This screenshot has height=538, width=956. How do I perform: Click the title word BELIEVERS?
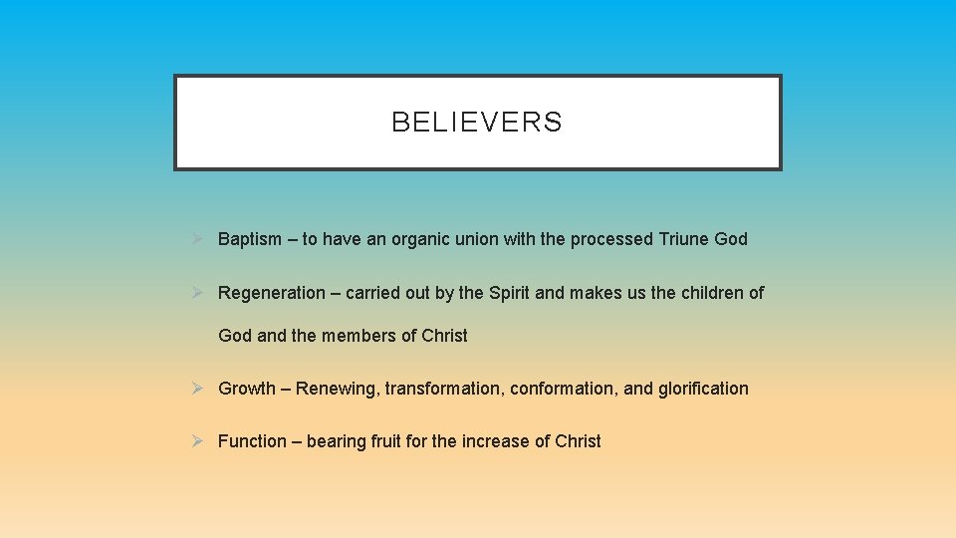tap(477, 123)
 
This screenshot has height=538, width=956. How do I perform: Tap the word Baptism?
tap(250, 239)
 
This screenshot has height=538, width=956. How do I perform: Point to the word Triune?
tap(683, 239)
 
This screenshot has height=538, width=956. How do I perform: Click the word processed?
tap(611, 239)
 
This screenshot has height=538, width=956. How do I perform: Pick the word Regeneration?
tap(271, 293)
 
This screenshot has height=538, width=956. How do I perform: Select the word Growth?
tap(246, 389)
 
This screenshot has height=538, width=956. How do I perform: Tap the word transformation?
tap(443, 389)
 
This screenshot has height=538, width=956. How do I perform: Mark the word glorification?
tap(703, 389)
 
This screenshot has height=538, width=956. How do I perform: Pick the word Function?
tap(252, 441)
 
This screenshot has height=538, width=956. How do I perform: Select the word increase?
tap(496, 441)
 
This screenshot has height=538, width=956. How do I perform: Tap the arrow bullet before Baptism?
tap(198, 239)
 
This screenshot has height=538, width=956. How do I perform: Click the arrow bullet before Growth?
tap(198, 389)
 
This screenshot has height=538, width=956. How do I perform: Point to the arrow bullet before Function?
tap(198, 441)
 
